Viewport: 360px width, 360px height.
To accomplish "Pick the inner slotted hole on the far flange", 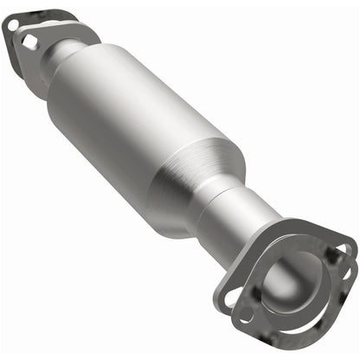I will point(30,41).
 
